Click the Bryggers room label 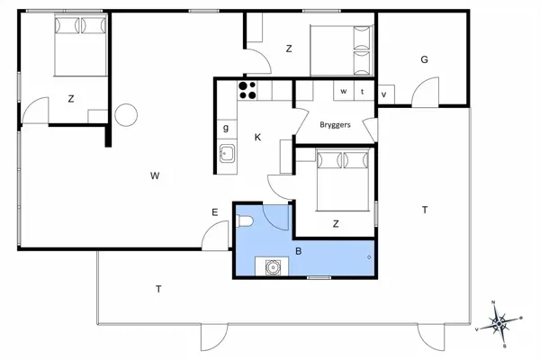(335, 125)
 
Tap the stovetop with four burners (247, 90)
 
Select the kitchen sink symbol (228, 154)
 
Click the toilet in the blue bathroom (245, 220)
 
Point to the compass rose (499, 324)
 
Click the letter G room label (424, 59)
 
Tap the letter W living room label (155, 175)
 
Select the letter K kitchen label (257, 138)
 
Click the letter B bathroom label (299, 251)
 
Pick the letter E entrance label (215, 212)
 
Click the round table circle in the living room (126, 115)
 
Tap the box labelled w (344, 91)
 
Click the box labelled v (386, 94)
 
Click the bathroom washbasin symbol (273, 267)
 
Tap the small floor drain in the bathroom (369, 257)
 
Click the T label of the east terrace (425, 210)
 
